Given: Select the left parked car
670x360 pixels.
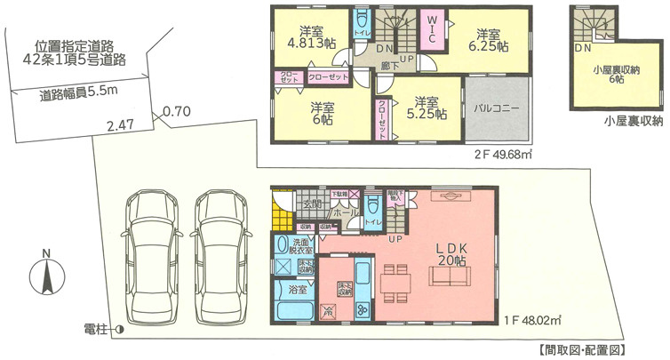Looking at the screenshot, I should (x=149, y=254).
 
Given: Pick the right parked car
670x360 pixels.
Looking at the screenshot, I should (x=219, y=254).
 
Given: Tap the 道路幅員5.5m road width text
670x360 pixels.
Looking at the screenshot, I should (x=79, y=92).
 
